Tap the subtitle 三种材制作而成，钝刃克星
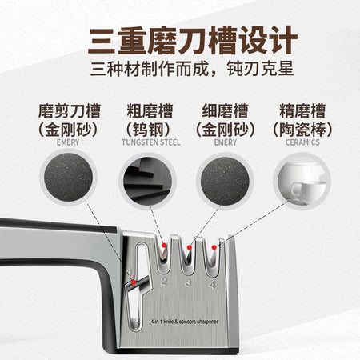[192, 69]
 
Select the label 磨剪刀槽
[70, 111]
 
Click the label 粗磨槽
[150, 111]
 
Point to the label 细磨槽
[226, 111]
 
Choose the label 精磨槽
[302, 111]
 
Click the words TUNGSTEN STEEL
[151, 142]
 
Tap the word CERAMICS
[302, 142]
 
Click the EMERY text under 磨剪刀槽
[68, 142]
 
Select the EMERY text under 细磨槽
[226, 142]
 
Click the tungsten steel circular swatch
[147, 182]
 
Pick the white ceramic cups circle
[302, 182]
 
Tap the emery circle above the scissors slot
[69, 178]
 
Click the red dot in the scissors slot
[134, 282]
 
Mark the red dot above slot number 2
[164, 246]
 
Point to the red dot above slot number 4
[214, 247]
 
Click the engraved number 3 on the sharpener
[188, 282]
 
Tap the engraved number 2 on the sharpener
[164, 281]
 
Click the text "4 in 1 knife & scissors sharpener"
[185, 322]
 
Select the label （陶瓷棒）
[302, 130]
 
